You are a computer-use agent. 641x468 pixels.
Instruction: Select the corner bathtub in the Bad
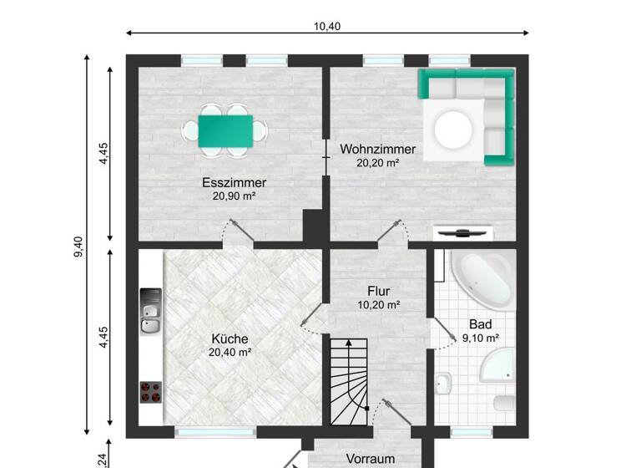click(482, 279)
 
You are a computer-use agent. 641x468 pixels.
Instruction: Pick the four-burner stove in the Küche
click(151, 391)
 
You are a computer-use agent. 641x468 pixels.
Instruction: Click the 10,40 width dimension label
click(327, 26)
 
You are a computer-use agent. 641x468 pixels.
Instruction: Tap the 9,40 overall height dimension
click(78, 245)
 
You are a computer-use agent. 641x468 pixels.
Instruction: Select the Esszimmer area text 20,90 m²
click(233, 196)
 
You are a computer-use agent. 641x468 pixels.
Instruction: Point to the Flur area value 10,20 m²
click(378, 305)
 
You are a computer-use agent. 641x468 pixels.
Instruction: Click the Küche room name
click(230, 339)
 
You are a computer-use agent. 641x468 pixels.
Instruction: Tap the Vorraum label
click(371, 459)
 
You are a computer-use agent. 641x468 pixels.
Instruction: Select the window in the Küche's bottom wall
click(204, 433)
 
